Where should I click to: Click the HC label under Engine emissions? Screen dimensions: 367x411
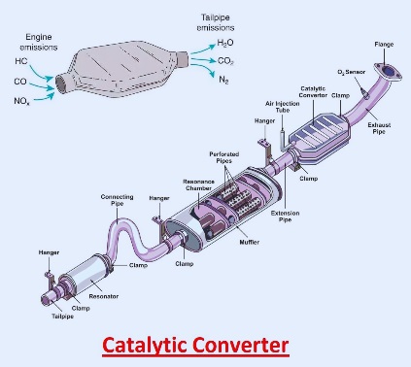coord(20,60)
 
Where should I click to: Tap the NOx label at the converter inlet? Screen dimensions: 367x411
coord(22,99)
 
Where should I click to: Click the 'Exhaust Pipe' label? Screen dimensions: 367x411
coord(381,126)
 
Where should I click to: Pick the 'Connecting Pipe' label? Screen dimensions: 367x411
coord(118,200)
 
